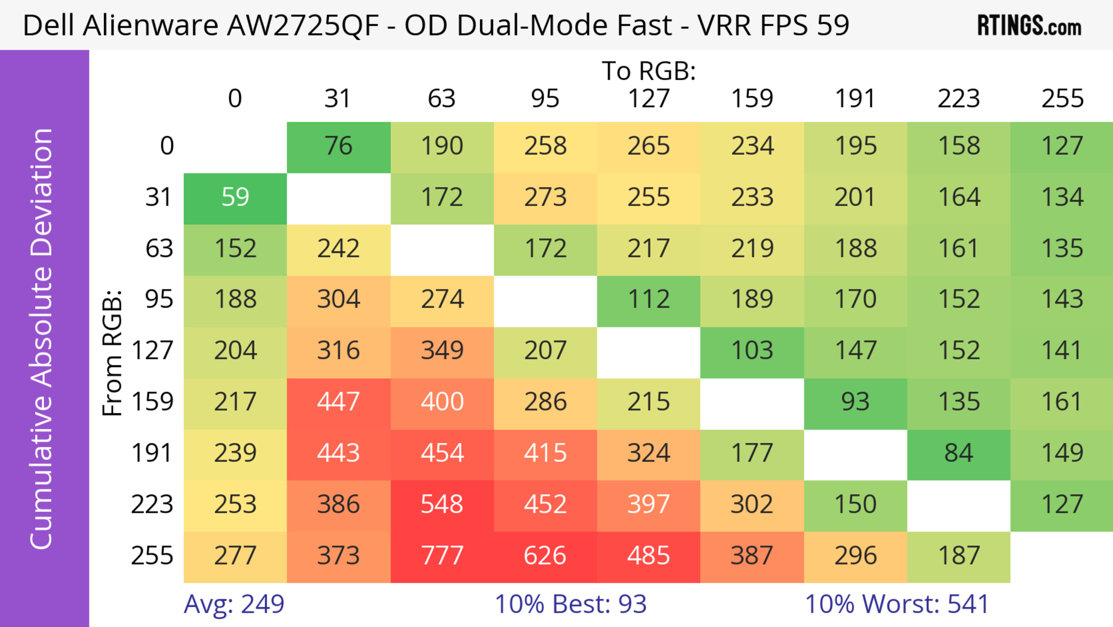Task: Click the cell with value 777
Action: tap(442, 556)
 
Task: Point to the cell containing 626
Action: tap(545, 556)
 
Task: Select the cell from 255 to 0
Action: tap(235, 556)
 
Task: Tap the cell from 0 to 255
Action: tap(1062, 147)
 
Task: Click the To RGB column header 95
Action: tap(545, 99)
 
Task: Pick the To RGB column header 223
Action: tap(959, 99)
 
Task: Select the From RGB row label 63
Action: tap(159, 249)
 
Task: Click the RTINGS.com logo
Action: tap(1029, 26)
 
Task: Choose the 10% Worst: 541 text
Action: tap(896, 604)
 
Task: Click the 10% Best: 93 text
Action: tap(570, 604)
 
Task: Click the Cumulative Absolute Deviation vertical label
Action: tap(42, 339)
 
